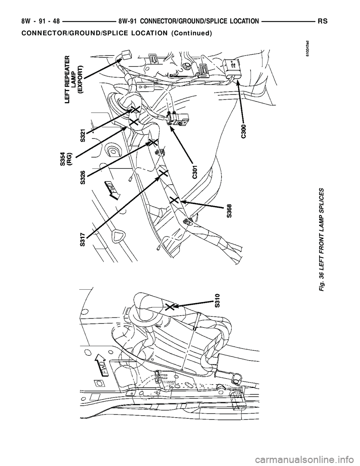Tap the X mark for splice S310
170,307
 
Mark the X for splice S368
174,200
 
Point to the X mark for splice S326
151,142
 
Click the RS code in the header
323,22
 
